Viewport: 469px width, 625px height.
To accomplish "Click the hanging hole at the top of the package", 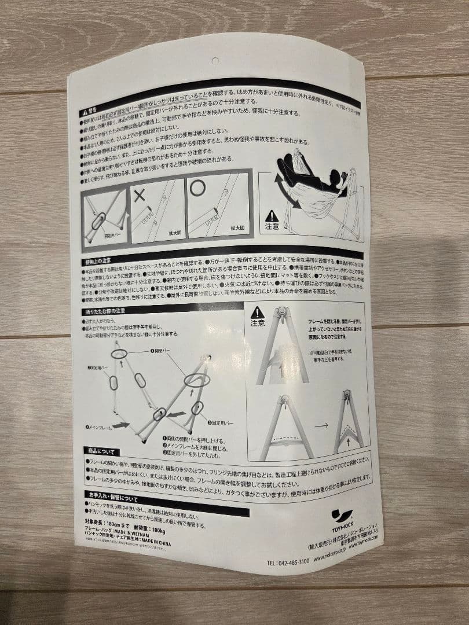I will (215, 60).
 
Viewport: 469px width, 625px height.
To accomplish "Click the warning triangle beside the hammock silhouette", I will (272, 217).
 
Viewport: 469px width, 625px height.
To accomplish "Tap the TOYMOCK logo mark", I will (342, 514).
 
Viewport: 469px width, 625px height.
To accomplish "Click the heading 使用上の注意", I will (99, 262).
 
